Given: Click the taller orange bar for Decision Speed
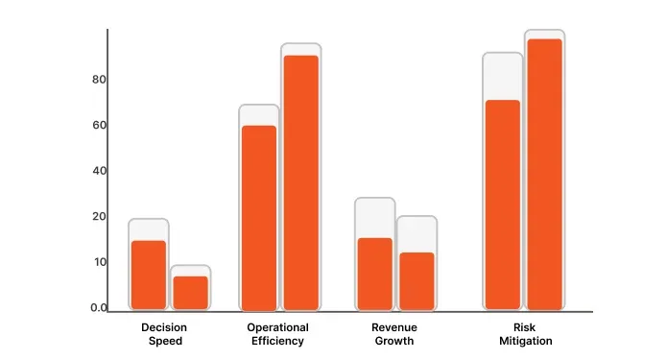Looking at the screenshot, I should pos(149,275).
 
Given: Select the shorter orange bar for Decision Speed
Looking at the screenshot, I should pos(190,293).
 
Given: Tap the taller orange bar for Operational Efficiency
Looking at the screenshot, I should pos(300,182).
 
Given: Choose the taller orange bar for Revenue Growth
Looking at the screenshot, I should pos(374,274).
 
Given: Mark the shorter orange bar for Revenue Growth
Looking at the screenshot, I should pos(417,280).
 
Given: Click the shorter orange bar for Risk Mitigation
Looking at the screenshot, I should pos(502,204).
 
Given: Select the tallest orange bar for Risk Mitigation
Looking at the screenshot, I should pos(544,174).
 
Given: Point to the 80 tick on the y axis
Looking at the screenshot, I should pos(98,80).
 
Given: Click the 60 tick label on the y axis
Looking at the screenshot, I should pos(98,125).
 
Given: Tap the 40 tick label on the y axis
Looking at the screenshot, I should pos(98,171).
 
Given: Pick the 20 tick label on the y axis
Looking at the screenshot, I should pos(98,217).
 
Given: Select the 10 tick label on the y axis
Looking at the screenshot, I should pos(98,262).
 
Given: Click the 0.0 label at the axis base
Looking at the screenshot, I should pos(99,308).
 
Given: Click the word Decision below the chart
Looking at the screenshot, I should pos(164,328).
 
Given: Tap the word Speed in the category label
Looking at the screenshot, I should pos(164,342).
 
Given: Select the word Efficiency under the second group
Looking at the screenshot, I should pos(277,342).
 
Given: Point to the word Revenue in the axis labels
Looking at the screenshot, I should pos(394,328).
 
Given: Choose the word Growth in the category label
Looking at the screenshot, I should pos(394,342).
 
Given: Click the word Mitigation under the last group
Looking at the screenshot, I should pos(526,342).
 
